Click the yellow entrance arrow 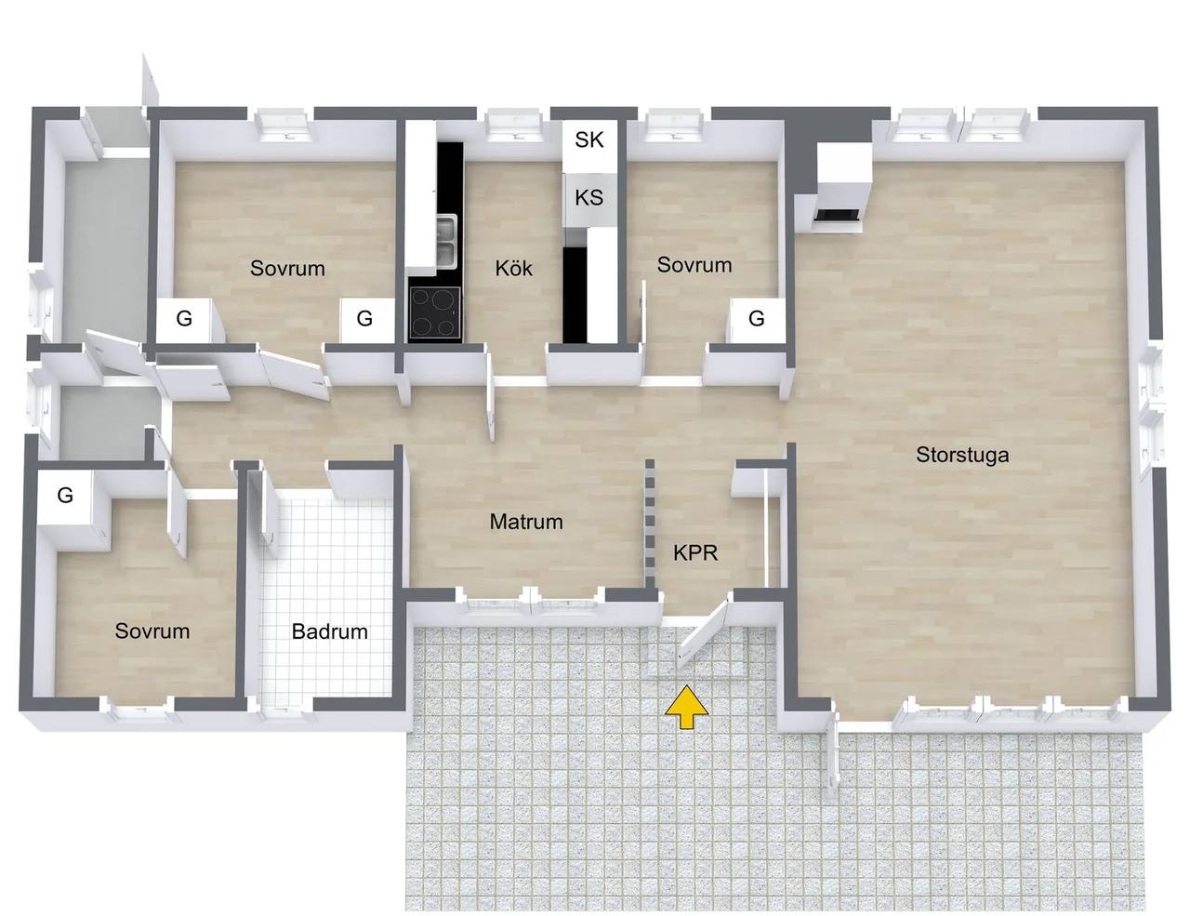686,709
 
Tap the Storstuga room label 962,455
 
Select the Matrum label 526,522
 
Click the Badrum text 330,631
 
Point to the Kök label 514,268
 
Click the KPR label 695,553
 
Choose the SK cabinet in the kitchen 589,140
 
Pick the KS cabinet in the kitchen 589,198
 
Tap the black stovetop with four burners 435,313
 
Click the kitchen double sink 447,242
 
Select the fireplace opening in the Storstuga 837,215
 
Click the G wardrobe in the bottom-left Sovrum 65,496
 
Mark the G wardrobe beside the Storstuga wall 757,319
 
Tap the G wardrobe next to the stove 365,319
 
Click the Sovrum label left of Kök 287,268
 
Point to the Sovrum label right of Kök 694,265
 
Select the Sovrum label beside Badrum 152,631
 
